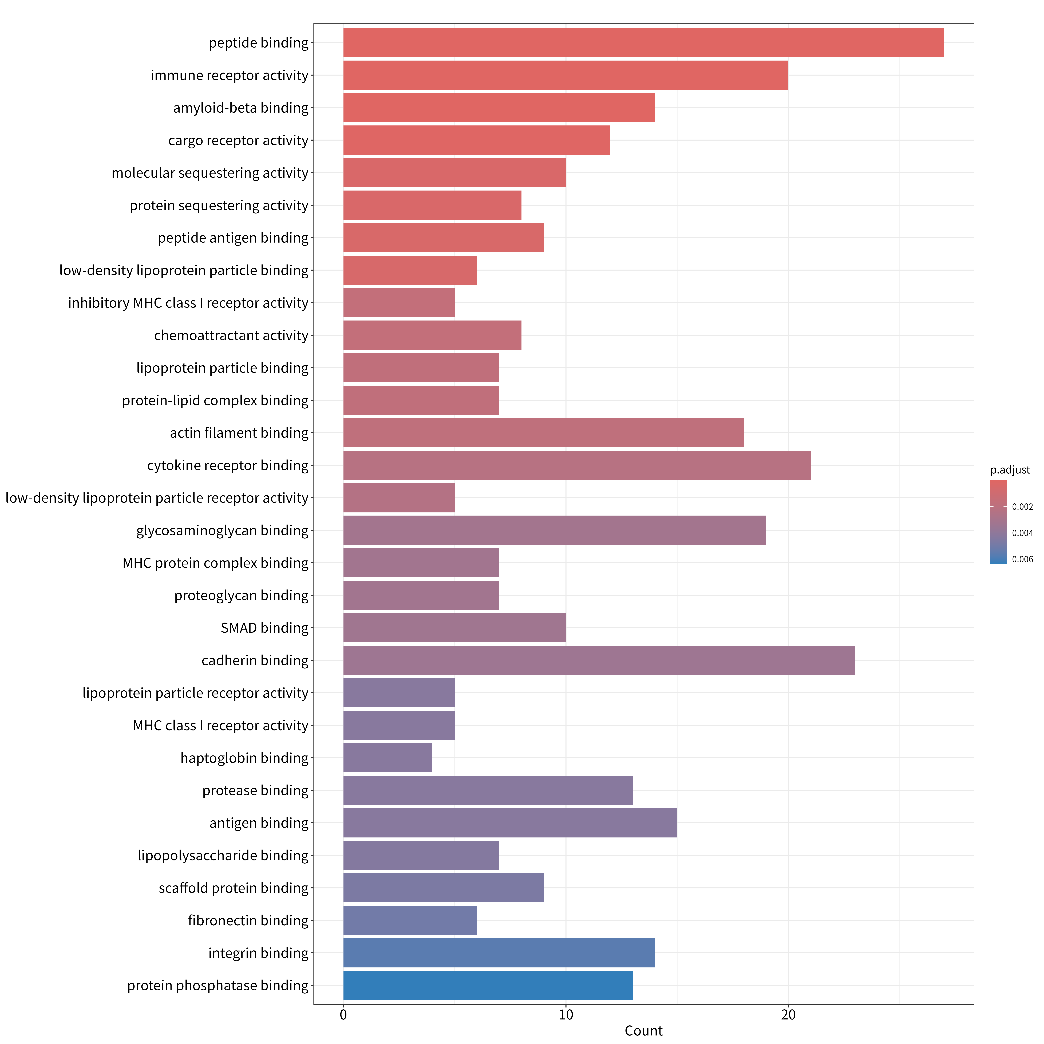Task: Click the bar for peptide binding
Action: (644, 43)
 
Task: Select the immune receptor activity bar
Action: (566, 75)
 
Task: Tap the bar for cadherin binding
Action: (599, 660)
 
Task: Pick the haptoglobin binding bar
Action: (388, 758)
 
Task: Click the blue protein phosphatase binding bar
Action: (488, 985)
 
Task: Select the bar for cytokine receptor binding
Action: (577, 465)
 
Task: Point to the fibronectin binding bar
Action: (410, 920)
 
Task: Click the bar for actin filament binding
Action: (544, 433)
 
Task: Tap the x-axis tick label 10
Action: (566, 1015)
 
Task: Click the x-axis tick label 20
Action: (788, 1015)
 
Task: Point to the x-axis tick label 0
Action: (344, 1015)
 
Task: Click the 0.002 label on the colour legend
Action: (1022, 507)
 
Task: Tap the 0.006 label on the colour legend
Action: (1022, 559)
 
